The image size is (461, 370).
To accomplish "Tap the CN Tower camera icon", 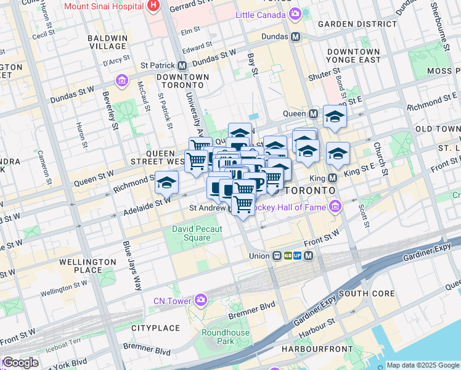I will click(x=201, y=300).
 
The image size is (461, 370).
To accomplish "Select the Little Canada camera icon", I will click(x=296, y=14).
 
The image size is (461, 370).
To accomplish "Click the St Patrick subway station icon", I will click(x=182, y=65).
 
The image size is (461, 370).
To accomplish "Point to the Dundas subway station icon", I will click(x=296, y=36).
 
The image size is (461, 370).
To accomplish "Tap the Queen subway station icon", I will click(x=314, y=113).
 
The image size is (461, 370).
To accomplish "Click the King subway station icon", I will click(x=333, y=178).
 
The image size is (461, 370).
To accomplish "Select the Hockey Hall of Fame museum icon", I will click(x=335, y=207).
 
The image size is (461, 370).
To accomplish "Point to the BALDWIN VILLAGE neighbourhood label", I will click(x=107, y=42).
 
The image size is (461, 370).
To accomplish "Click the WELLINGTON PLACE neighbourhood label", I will click(x=88, y=266).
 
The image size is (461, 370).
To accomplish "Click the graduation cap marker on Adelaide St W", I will click(x=166, y=183).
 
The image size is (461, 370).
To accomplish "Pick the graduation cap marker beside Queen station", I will click(x=335, y=116).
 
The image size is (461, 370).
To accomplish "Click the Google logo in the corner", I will click(x=20, y=363).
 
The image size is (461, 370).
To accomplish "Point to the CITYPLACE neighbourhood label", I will click(x=156, y=328).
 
